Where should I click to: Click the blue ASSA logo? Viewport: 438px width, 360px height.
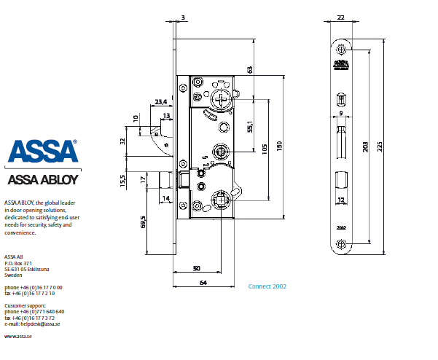(x=43, y=152)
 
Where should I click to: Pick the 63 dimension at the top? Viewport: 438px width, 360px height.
(x=250, y=69)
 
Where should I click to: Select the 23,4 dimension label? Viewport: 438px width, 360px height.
(x=161, y=102)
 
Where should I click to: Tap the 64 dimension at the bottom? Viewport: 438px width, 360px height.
(x=203, y=282)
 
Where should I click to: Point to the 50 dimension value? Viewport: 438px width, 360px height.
(x=197, y=269)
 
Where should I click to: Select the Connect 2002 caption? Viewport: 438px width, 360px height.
(x=267, y=286)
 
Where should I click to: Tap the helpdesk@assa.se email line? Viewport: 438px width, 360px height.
(x=32, y=324)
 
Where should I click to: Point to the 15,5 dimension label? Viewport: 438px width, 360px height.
(x=123, y=180)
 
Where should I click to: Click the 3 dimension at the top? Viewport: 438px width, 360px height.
(x=182, y=16)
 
